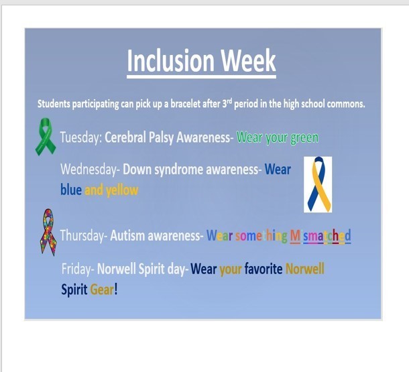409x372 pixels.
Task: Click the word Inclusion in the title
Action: [x=170, y=60]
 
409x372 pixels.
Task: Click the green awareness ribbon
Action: [x=46, y=137]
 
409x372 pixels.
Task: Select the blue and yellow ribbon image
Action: [x=318, y=184]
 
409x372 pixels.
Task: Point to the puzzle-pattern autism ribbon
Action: [x=48, y=232]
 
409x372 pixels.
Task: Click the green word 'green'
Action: [x=304, y=138]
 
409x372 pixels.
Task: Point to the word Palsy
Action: [x=161, y=137]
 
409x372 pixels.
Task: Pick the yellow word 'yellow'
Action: [x=122, y=190]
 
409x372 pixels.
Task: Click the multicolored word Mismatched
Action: [x=320, y=236]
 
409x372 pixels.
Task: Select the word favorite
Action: [x=264, y=269]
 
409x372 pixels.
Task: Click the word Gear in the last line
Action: [x=102, y=290]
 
